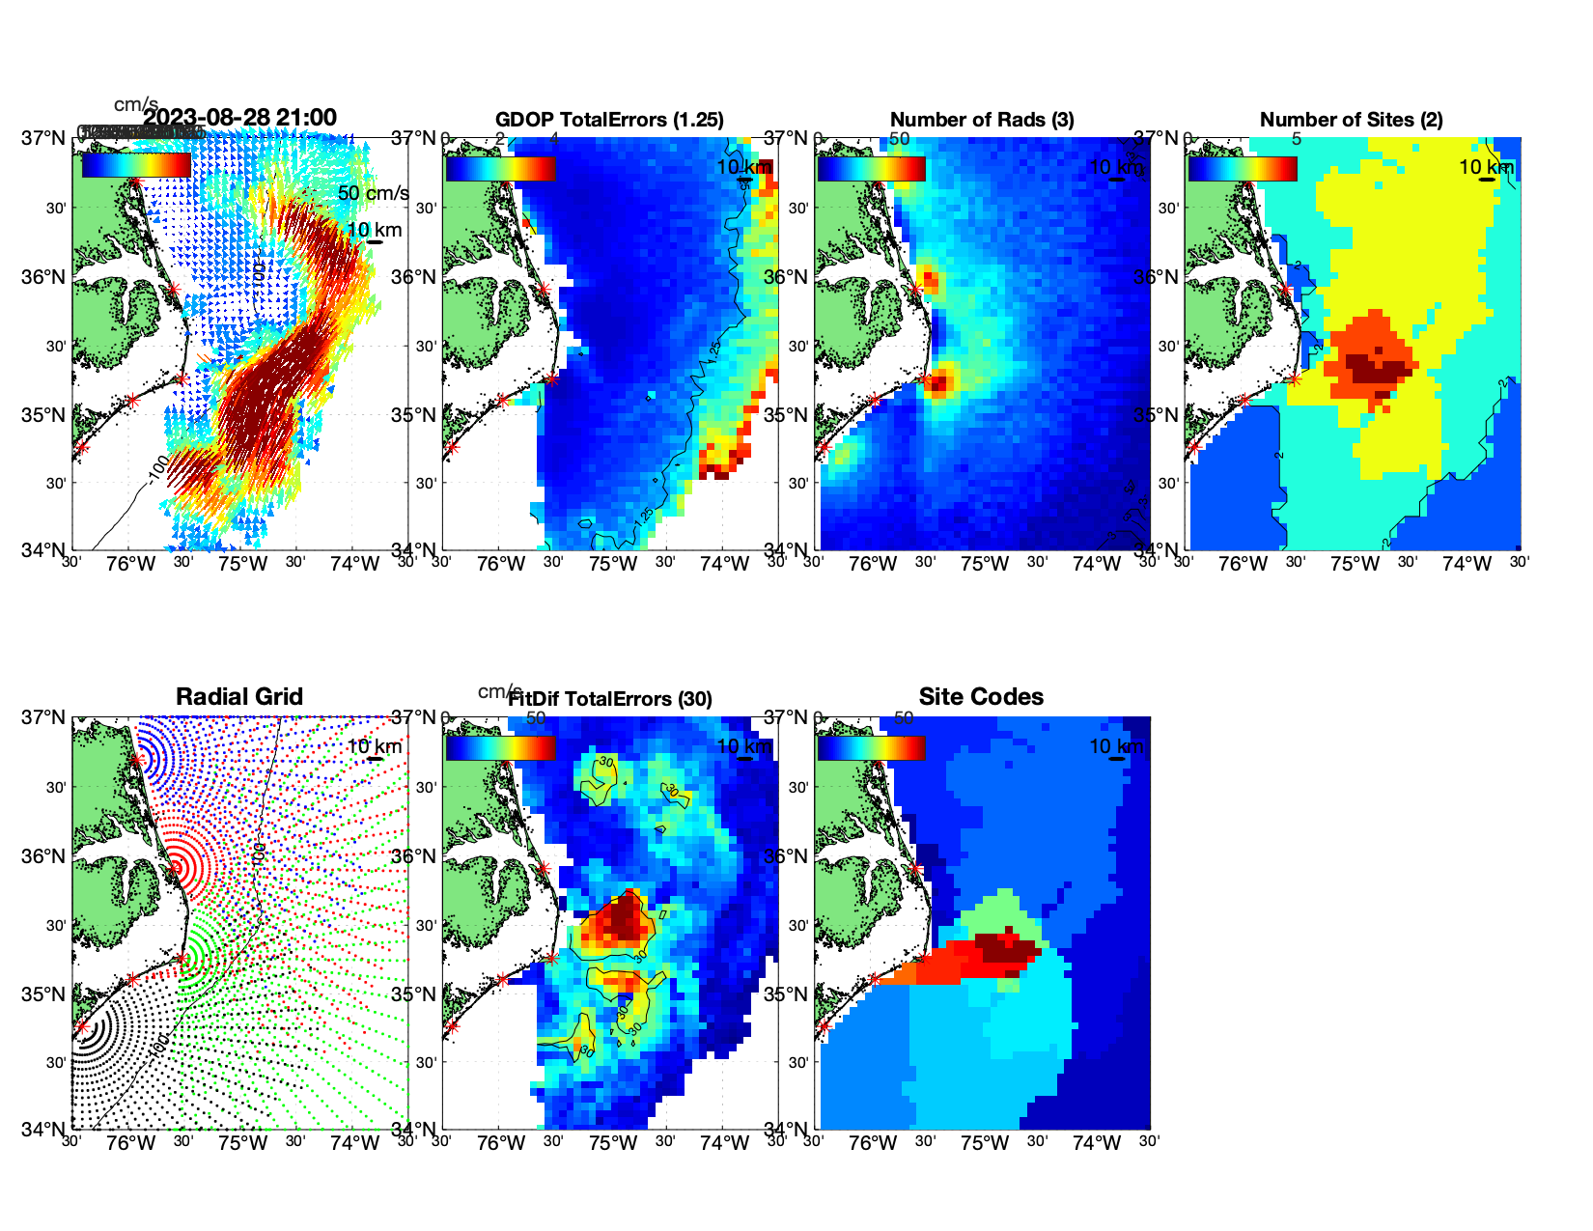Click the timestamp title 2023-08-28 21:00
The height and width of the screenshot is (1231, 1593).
239,119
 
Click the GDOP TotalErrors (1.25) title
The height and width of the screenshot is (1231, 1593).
609,120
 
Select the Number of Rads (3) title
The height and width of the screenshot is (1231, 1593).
982,120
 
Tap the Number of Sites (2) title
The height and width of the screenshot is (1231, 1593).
1352,120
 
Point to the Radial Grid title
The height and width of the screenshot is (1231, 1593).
239,697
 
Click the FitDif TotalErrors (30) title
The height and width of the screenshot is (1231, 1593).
610,699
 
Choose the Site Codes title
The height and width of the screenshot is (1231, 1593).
981,697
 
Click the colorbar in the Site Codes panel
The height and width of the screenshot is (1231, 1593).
871,748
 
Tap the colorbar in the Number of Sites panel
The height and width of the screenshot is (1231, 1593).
1243,169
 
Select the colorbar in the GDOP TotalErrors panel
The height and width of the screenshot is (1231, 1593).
500,169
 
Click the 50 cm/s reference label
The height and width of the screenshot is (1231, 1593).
373,193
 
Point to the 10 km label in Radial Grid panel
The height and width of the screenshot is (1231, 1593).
374,746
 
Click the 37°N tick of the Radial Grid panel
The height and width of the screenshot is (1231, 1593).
44,717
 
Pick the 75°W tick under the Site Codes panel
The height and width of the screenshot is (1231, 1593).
985,1144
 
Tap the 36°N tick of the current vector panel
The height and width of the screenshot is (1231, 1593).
44,277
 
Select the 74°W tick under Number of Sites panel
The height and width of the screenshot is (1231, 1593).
1467,565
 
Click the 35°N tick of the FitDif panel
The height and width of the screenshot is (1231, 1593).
415,994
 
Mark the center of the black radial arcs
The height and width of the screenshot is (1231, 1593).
82,1027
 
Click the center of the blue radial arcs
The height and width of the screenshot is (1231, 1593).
137,760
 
